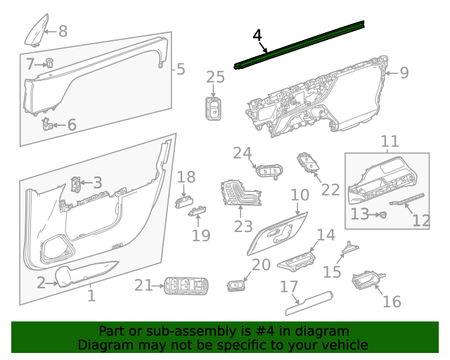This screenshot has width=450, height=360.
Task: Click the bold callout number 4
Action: [x=257, y=36]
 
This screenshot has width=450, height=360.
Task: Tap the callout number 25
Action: [x=215, y=77]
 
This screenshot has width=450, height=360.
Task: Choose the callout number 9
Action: [x=404, y=72]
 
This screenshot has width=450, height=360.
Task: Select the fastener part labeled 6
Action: [x=48, y=124]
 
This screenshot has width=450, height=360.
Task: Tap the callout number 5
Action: [x=181, y=69]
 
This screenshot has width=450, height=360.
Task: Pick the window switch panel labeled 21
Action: [x=186, y=285]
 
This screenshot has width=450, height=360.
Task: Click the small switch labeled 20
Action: [x=236, y=285]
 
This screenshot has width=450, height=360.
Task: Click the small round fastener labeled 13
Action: [x=382, y=214]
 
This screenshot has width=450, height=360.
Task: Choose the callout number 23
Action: [x=243, y=226]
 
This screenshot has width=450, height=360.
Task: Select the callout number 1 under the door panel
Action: [x=91, y=296]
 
